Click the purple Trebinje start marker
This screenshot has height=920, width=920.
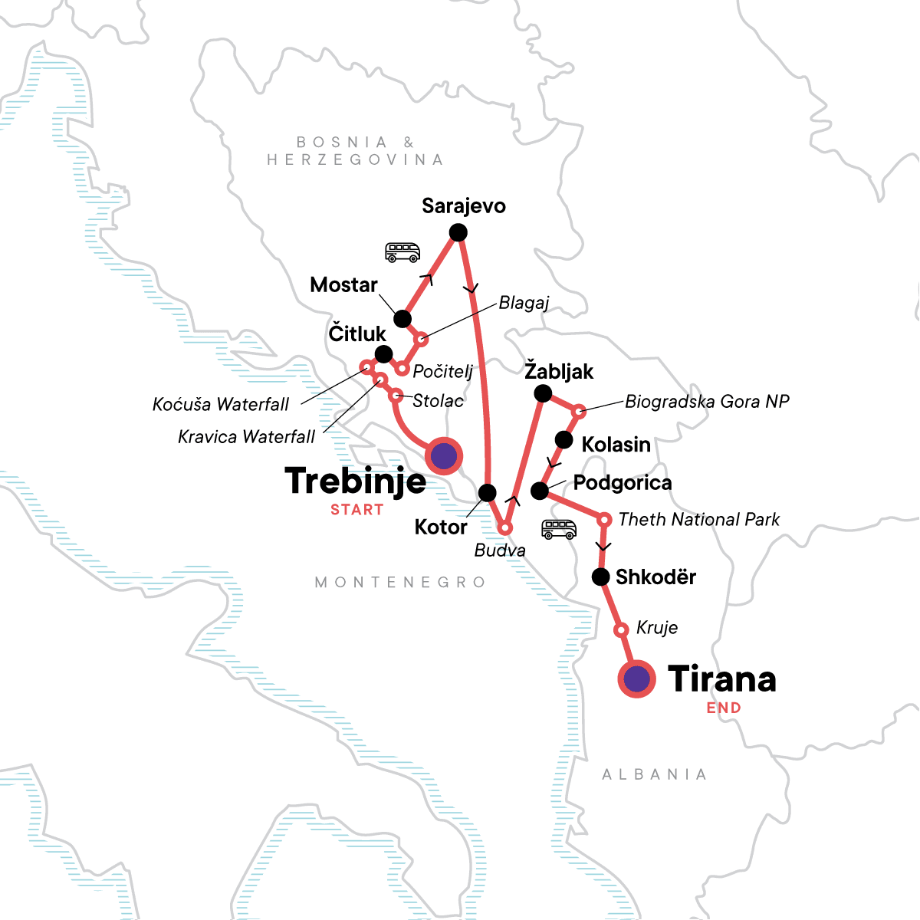444,456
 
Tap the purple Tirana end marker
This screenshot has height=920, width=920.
636,678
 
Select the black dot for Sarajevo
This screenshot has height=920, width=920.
458,232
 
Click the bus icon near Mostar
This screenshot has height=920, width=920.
402,252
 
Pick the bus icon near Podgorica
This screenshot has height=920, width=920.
558,529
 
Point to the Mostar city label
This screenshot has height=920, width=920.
343,285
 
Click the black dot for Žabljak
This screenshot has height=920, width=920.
542,394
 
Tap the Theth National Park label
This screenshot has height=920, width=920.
698,520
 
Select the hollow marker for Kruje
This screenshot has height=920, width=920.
622,630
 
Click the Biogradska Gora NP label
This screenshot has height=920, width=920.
707,402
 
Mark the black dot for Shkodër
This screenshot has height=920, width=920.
601,577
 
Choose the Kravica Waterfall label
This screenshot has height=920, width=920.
246,437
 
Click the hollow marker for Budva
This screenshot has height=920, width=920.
505,528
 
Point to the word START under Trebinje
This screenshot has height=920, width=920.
356,510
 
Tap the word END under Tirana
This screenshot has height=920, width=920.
724,708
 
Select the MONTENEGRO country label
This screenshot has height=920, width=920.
400,583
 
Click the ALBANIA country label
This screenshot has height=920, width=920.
654,775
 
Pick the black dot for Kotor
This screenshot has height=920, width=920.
487,492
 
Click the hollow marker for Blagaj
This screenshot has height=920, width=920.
421,339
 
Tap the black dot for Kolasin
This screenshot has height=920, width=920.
563,440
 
